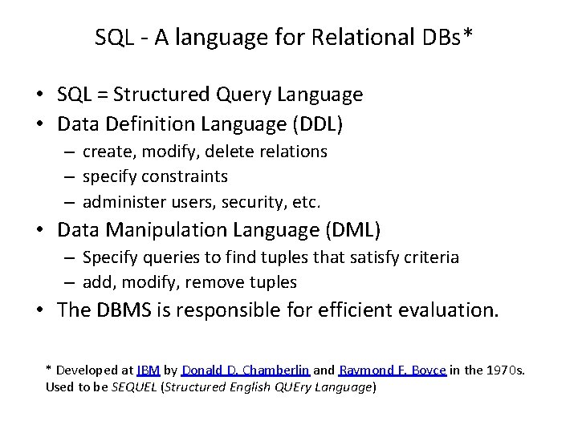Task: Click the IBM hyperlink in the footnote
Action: pyautogui.click(x=149, y=370)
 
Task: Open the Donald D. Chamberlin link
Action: pyautogui.click(x=245, y=370)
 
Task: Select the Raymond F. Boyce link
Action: pyautogui.click(x=392, y=370)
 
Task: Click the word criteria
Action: pyautogui.click(x=432, y=257)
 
